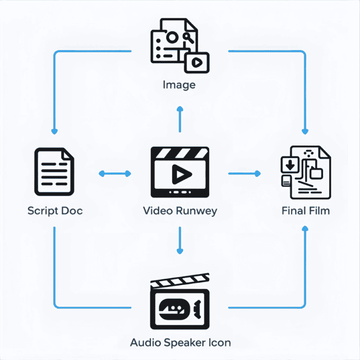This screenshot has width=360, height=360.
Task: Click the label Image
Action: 179,85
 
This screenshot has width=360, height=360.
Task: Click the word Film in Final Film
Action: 319,210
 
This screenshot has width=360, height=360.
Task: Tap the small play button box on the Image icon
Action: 197,62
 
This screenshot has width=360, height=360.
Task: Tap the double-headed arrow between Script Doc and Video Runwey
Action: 115,174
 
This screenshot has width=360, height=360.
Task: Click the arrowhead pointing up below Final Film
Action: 306,229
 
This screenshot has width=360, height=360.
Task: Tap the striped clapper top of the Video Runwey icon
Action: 180,154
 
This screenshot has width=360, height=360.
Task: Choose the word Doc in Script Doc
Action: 72,210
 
